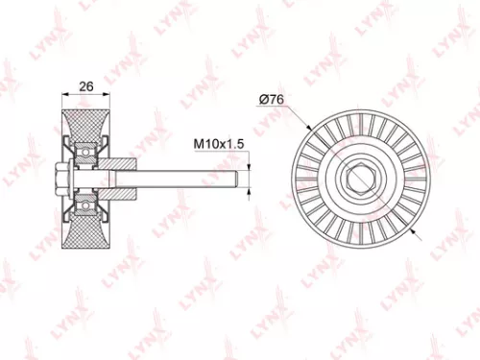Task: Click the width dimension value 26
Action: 85,86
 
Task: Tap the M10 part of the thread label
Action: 205,144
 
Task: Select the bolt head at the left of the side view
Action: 60,179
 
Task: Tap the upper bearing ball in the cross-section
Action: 86,151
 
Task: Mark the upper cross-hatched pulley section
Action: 85,126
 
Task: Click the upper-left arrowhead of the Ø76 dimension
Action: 309,128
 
